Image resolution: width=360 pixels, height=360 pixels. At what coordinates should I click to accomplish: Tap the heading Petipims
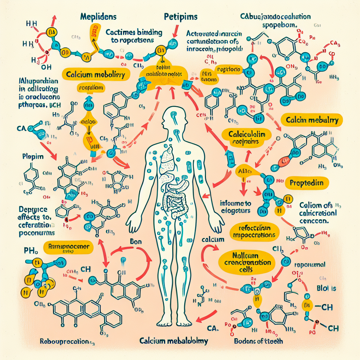[180, 17]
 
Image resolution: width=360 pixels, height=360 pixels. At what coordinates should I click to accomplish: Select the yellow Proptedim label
[309, 183]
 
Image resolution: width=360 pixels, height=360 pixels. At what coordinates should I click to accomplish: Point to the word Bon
[135, 242]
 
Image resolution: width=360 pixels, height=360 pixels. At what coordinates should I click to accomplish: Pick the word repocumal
[309, 265]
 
